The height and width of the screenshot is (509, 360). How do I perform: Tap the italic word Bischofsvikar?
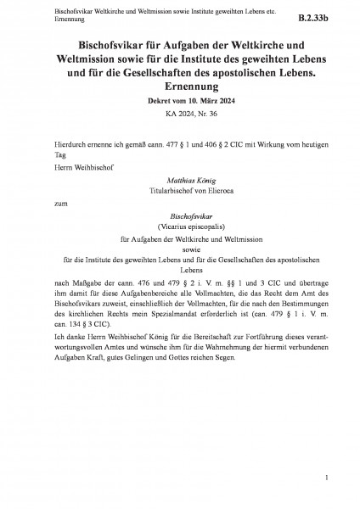click(x=179, y=217)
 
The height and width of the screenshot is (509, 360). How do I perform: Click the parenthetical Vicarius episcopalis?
click(x=179, y=227)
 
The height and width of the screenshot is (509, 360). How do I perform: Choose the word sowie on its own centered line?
click(x=179, y=249)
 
